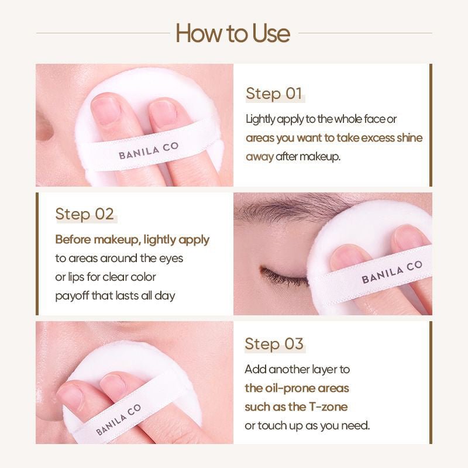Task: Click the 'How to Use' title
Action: [233, 33]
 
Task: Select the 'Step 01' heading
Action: [274, 94]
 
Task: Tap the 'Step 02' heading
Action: [84, 214]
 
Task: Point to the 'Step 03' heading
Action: [274, 344]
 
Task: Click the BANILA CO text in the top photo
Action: [149, 151]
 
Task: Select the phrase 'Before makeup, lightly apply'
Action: [132, 240]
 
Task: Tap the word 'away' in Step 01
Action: [259, 157]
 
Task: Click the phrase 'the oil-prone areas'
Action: [297, 388]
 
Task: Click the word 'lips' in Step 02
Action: [78, 277]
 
